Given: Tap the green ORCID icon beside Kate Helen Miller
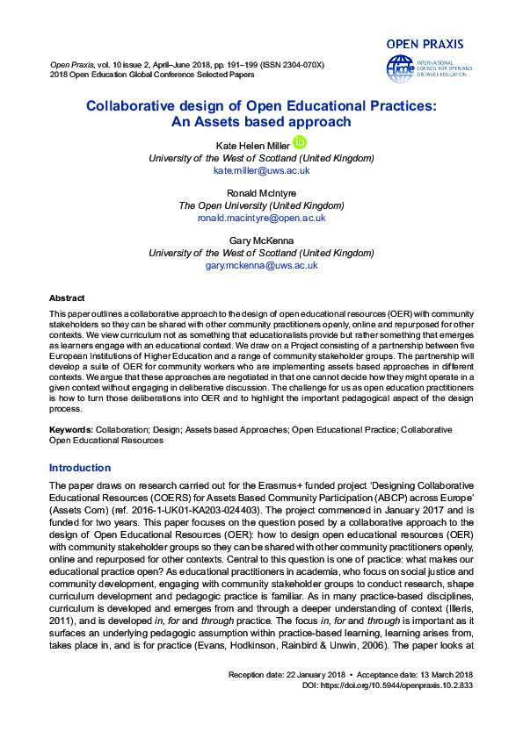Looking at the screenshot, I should (x=300, y=142).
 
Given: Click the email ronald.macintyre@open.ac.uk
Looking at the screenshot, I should (x=261, y=218).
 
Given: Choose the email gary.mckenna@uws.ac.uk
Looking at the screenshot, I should (x=261, y=265).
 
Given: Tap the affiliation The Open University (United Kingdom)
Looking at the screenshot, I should (x=261, y=205).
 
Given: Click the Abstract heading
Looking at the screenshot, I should (x=67, y=298).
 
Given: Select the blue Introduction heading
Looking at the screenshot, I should (x=80, y=468).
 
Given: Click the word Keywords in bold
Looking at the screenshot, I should (x=70, y=430).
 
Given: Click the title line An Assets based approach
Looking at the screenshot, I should (x=261, y=122).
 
